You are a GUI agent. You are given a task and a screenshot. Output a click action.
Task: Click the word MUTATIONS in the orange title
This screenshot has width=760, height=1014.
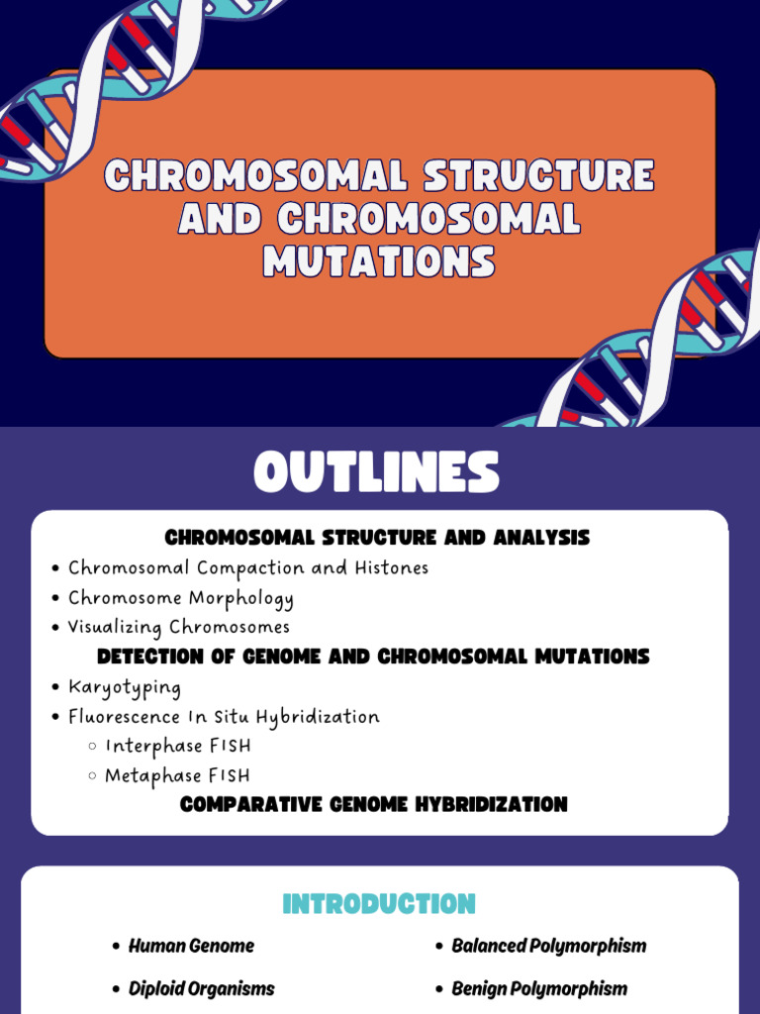379,261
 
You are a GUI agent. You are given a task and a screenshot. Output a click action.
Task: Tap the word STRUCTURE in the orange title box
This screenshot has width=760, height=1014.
538,176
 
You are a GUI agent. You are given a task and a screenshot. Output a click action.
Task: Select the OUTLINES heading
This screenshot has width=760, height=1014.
377,472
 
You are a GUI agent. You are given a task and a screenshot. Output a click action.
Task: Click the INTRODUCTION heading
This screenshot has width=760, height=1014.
379,904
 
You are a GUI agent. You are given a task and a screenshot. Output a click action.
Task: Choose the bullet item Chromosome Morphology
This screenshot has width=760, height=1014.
180,598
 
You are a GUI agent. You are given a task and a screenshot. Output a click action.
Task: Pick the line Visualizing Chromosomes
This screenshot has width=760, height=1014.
178,627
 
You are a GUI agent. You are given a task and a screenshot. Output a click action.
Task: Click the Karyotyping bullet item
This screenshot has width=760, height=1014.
125,686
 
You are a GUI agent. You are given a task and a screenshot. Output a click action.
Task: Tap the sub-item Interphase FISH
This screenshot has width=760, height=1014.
178,746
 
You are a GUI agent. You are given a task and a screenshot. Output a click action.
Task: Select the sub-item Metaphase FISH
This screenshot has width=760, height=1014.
178,775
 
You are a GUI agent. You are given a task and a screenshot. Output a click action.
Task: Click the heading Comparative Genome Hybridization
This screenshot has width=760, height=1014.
374,804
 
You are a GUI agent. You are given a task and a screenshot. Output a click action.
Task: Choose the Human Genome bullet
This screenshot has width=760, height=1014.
191,946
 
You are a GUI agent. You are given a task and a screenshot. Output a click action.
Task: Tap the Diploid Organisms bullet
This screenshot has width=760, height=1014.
201,988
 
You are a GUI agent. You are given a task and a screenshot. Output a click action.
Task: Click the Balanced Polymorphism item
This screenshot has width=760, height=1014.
548,946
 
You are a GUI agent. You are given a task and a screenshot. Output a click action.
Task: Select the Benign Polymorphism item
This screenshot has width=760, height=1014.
539,988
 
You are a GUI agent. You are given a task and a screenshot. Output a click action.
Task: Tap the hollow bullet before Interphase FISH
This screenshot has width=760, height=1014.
92,747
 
